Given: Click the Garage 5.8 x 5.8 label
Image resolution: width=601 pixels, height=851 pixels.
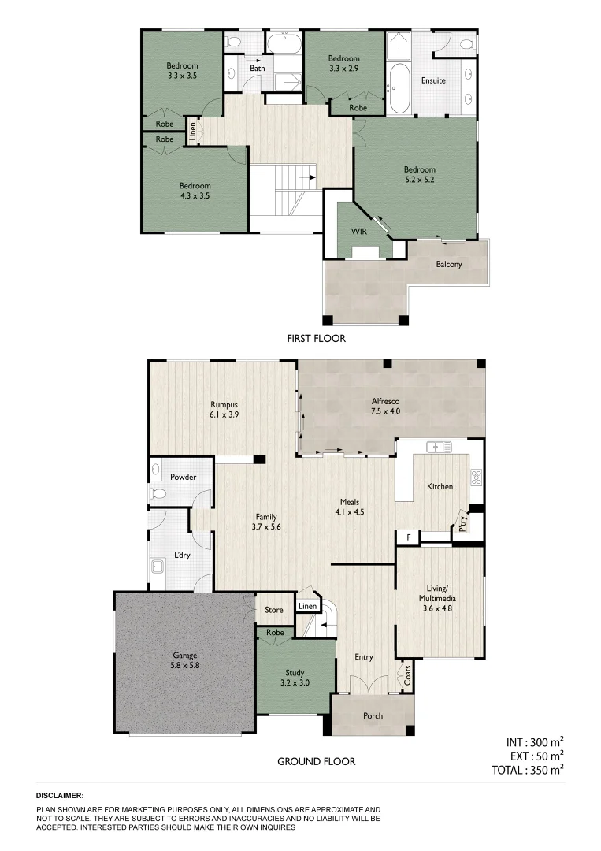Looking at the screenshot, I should pyautogui.click(x=185, y=660).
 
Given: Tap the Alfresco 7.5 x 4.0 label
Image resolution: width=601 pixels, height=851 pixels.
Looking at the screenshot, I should pyautogui.click(x=386, y=405).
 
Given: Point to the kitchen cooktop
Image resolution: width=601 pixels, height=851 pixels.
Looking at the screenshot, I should pyautogui.click(x=476, y=476).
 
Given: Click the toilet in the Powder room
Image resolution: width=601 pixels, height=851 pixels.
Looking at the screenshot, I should pyautogui.click(x=158, y=493).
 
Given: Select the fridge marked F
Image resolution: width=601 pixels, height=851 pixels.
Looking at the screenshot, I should pyautogui.click(x=408, y=537).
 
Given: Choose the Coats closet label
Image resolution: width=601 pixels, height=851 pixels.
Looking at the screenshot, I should pyautogui.click(x=407, y=674).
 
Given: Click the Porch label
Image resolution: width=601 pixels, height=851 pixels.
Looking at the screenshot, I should pyautogui.click(x=373, y=715).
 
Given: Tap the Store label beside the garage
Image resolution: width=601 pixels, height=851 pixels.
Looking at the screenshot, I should pyautogui.click(x=273, y=609).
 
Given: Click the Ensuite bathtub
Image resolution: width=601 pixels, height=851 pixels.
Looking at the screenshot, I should pyautogui.click(x=397, y=88).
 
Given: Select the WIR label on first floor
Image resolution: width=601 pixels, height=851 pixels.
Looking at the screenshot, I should pyautogui.click(x=360, y=231).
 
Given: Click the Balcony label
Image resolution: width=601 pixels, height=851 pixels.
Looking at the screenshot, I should pyautogui.click(x=449, y=264).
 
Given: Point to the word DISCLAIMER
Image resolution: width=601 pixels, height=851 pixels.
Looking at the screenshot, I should pyautogui.click(x=60, y=797).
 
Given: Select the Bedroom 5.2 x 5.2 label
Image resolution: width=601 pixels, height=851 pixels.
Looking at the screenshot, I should pyautogui.click(x=419, y=174).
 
